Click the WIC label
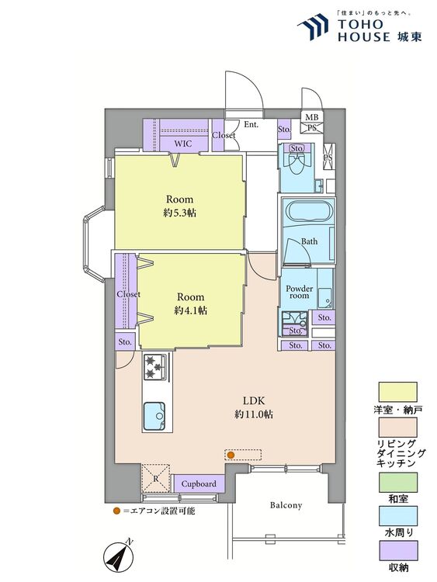pyautogui.click(x=183, y=144)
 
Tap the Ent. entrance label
pyautogui.click(x=251, y=125)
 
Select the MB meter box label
pyautogui.click(x=312, y=117)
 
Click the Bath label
pyautogui.click(x=309, y=241)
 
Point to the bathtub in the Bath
pyautogui.click(x=308, y=212)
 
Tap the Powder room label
pyautogui.click(x=300, y=292)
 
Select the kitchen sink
pyautogui.click(x=154, y=415)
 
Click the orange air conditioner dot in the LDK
pyautogui.click(x=231, y=455)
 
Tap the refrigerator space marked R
pyautogui.click(x=156, y=479)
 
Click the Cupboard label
pyautogui.click(x=199, y=484)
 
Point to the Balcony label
pyautogui.click(x=286, y=505)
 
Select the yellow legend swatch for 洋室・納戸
pyautogui.click(x=397, y=392)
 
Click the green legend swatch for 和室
pyautogui.click(x=397, y=482)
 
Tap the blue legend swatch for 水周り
pyautogui.click(x=397, y=516)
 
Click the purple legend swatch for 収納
pyautogui.click(x=397, y=550)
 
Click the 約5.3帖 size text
pyautogui.click(x=180, y=213)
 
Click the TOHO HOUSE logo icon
pyautogui.click(x=313, y=26)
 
